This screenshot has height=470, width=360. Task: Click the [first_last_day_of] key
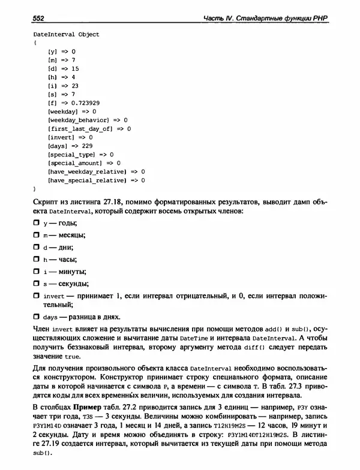point(78,128)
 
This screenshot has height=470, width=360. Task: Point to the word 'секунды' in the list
point(73,283)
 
